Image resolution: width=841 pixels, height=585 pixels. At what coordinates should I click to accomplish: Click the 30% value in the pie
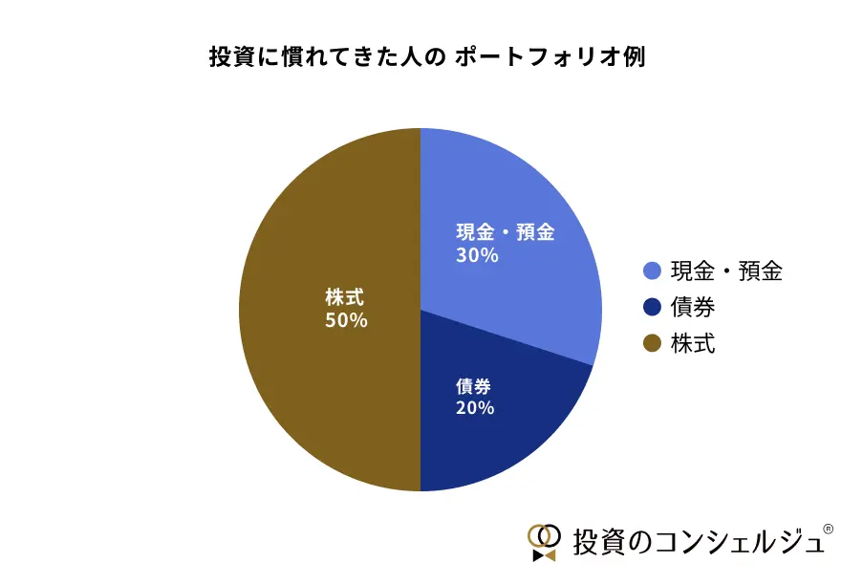(x=477, y=255)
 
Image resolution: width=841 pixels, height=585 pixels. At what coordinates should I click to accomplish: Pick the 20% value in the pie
(x=475, y=408)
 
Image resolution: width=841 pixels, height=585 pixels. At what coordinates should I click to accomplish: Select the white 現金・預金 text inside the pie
(x=505, y=232)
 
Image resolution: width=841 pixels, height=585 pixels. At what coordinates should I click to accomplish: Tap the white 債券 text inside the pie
(x=475, y=386)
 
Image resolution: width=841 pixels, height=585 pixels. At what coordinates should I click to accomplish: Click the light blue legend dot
(x=653, y=271)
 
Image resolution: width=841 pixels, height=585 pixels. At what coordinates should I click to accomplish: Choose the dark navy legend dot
(x=653, y=308)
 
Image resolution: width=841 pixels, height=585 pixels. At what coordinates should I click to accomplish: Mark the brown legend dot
(x=653, y=344)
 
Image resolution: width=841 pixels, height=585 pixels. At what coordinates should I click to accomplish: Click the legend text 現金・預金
(x=726, y=271)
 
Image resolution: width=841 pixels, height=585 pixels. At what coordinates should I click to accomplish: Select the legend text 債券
(x=693, y=308)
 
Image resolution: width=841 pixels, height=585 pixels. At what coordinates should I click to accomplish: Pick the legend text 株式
(x=693, y=344)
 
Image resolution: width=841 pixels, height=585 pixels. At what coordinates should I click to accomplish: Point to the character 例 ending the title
(x=634, y=56)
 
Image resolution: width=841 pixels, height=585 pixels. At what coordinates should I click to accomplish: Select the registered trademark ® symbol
(x=828, y=528)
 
